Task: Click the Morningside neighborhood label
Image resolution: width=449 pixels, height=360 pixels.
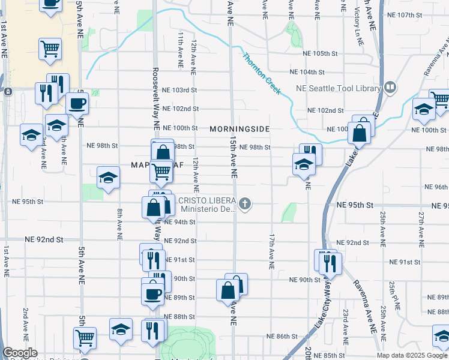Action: click(240, 129)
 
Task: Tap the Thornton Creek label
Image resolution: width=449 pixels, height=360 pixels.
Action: click(261, 74)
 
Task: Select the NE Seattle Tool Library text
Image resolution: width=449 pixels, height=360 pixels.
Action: click(339, 89)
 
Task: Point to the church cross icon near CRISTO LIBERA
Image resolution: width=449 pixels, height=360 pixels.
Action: click(244, 204)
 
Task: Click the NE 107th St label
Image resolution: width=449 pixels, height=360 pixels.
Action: click(406, 14)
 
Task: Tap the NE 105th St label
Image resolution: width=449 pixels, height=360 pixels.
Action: click(322, 53)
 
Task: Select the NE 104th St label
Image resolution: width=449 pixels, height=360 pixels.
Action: click(307, 71)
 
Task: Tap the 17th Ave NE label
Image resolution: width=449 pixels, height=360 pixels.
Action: click(272, 250)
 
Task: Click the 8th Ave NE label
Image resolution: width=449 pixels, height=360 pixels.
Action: click(120, 224)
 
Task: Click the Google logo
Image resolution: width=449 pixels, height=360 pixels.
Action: click(20, 353)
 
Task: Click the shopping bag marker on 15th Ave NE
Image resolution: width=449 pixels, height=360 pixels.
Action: click(229, 290)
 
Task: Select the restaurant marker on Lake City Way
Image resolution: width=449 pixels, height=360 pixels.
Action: click(330, 262)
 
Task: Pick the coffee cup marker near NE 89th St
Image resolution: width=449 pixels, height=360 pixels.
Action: click(152, 293)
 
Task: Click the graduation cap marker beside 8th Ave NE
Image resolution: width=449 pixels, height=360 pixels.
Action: click(108, 177)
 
